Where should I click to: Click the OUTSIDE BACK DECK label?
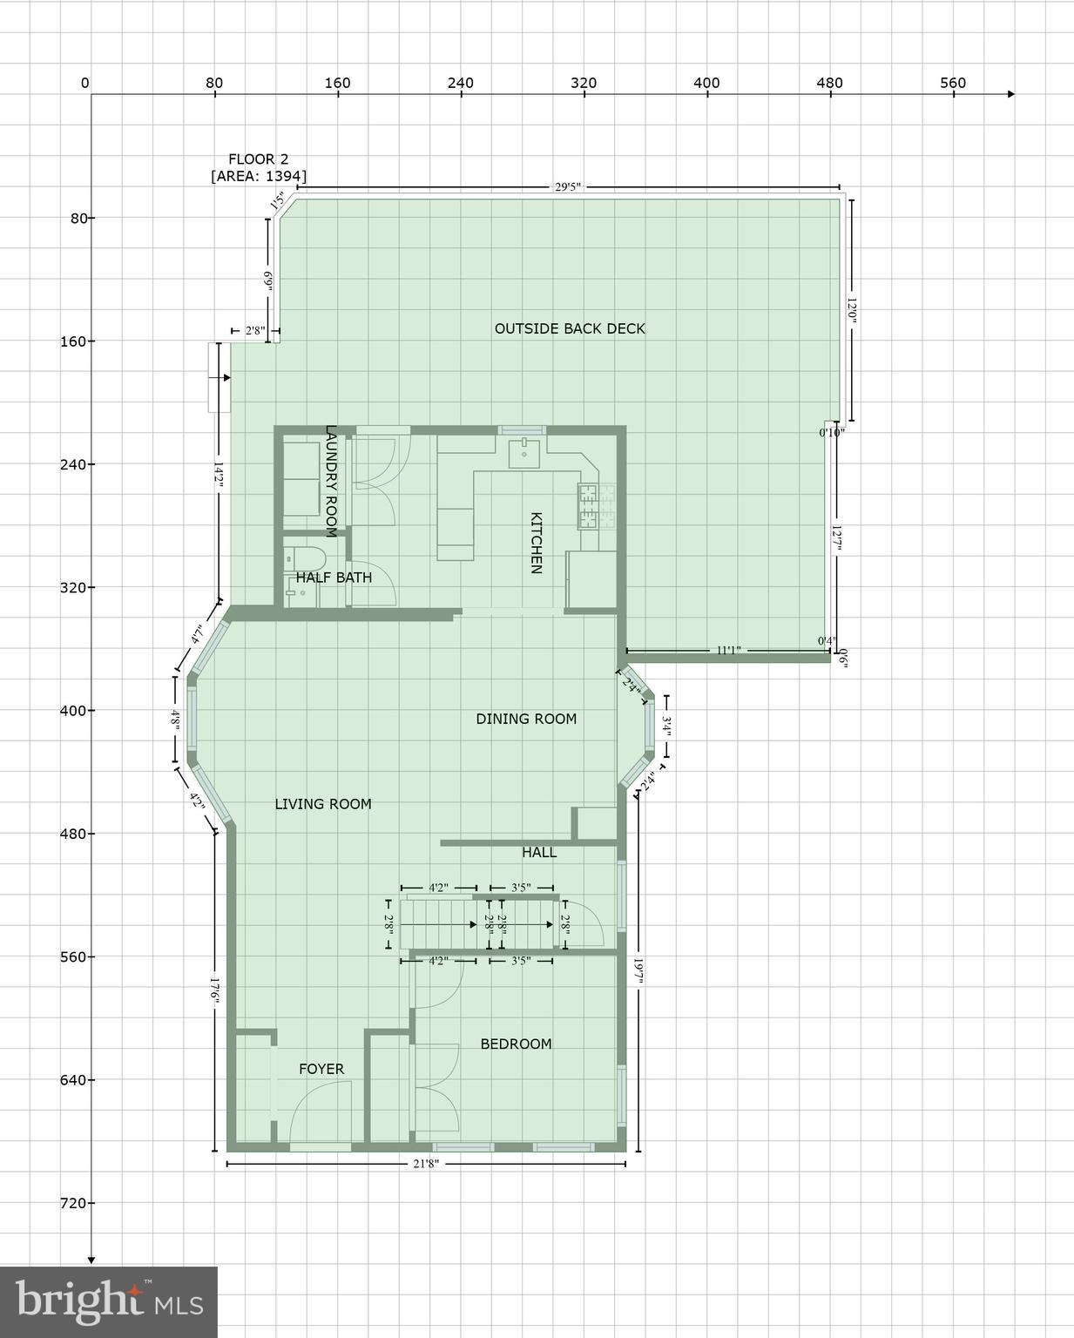(570, 328)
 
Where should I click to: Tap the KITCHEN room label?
(536, 543)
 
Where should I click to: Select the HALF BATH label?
(334, 578)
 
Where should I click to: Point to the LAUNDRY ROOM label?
(331, 481)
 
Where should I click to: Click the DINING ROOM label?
(526, 719)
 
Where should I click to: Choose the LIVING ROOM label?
(323, 804)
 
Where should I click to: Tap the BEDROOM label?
(516, 1044)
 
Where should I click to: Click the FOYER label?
(321, 1069)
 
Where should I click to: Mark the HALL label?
(539, 852)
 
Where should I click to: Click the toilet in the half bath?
(304, 557)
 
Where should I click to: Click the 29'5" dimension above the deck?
(567, 186)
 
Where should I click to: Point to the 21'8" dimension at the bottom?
(425, 1164)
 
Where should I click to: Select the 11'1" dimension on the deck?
(728, 650)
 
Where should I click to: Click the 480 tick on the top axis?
(829, 84)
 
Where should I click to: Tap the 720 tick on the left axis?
(74, 1203)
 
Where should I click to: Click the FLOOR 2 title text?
(258, 159)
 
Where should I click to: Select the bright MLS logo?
(109, 1301)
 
